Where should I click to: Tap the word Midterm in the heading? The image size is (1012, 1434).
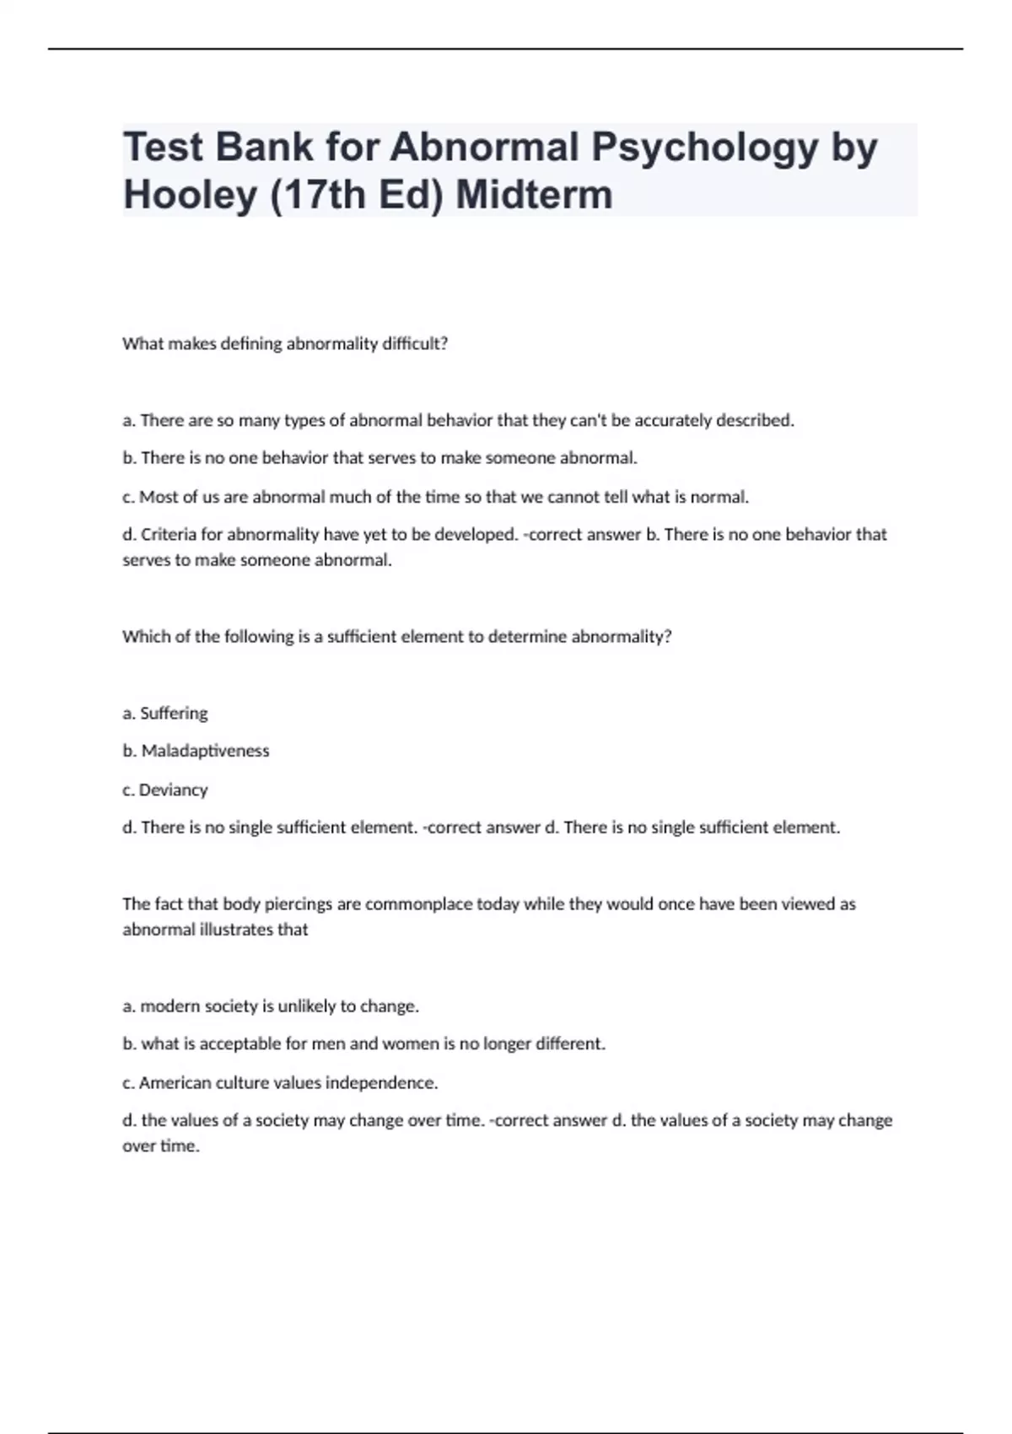pos(534,195)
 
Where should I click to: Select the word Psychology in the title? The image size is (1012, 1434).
pos(704,148)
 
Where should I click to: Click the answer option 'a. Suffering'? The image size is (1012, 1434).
pos(165,713)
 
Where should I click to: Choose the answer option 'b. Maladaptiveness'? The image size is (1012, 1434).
pos(196,751)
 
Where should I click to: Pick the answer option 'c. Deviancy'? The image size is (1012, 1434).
pos(165,790)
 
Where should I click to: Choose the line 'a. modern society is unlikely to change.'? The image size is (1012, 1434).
pos(271,1005)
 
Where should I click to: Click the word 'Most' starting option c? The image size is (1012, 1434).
pos(159,497)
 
